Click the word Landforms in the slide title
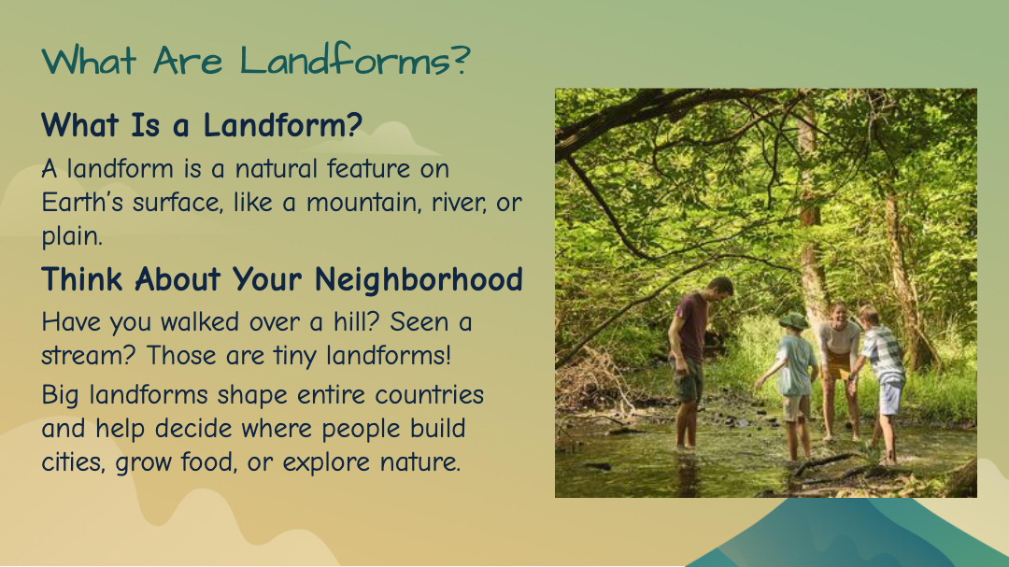(x=347, y=61)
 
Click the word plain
(x=71, y=236)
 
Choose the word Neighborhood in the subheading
(x=419, y=279)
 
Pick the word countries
(x=429, y=394)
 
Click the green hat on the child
(x=793, y=320)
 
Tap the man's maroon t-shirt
(x=691, y=326)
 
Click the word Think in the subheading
(x=82, y=279)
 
